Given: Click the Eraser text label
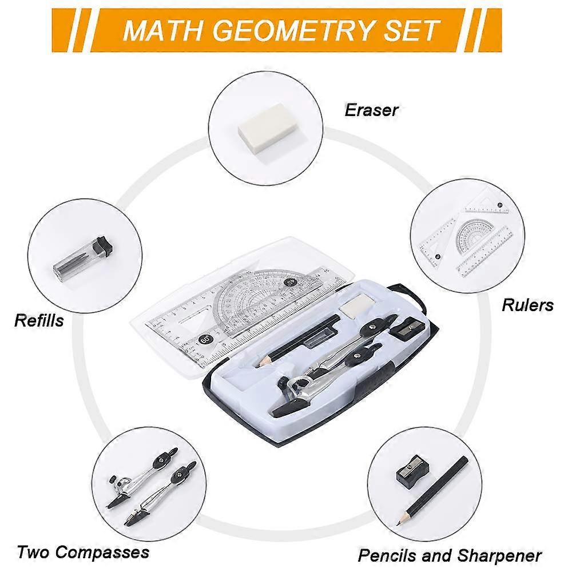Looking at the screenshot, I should pos(371,110).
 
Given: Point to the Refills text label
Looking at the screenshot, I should pos(39,320).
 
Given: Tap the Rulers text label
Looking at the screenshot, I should pos(527,305).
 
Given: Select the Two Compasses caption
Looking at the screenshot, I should pos(83,552).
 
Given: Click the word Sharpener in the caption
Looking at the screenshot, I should pos(498,555).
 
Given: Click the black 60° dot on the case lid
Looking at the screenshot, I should pos(205,339).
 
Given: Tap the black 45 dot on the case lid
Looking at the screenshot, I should pos(289,282).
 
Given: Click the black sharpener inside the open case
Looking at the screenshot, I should pos(407,328).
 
